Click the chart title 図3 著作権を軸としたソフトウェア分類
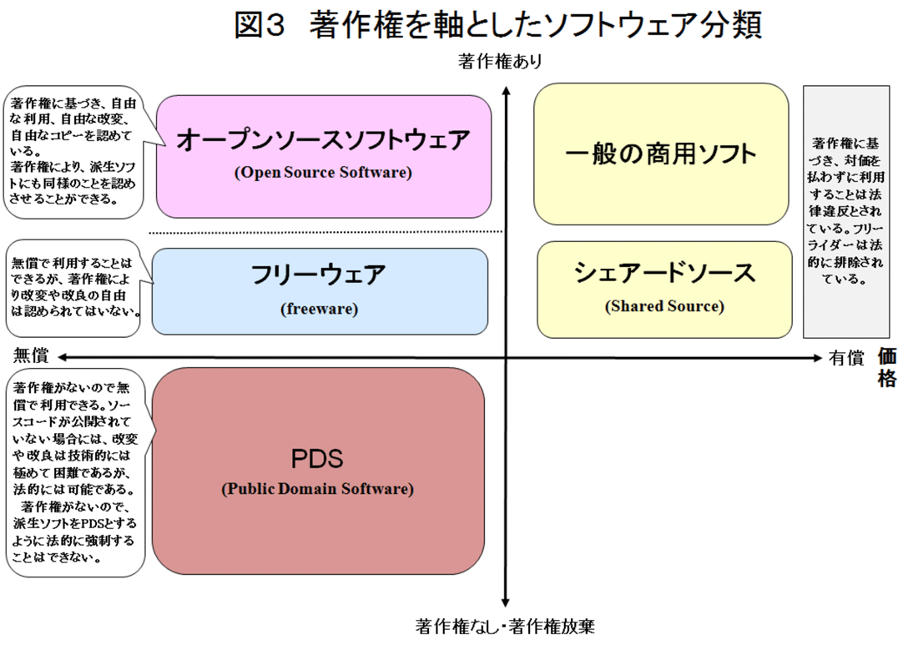(x=498, y=25)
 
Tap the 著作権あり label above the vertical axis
(x=500, y=61)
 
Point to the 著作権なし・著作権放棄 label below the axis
(x=505, y=626)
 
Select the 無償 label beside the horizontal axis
(x=31, y=356)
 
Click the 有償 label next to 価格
(x=846, y=358)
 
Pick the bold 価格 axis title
(x=887, y=367)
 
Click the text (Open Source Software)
(x=323, y=172)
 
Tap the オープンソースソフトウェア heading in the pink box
(x=324, y=140)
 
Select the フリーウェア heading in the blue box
(x=319, y=275)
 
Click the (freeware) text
(x=319, y=309)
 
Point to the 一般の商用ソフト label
(x=660, y=154)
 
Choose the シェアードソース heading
(x=664, y=272)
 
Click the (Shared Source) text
(x=664, y=305)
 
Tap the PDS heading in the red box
(x=317, y=459)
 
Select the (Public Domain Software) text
(x=318, y=489)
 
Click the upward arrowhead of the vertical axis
(x=506, y=90)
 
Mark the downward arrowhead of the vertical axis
(x=506, y=603)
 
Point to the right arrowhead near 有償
(x=817, y=358)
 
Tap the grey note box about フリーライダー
(x=846, y=212)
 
